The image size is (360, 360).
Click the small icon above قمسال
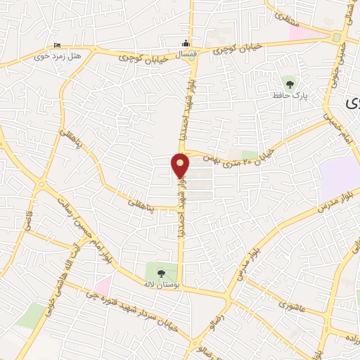point(186,42)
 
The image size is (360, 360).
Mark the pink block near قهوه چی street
point(103,285)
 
